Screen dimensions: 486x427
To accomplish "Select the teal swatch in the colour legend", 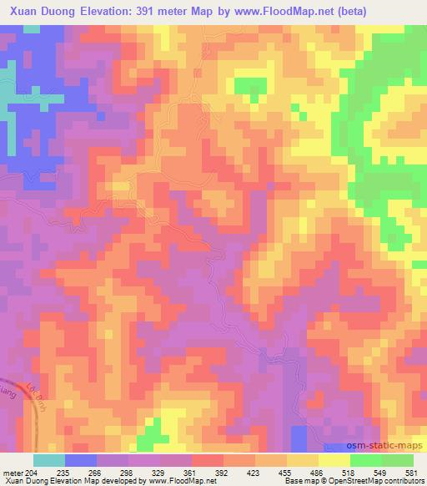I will tap(49, 459).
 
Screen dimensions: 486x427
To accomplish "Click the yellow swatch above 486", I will tap(304, 459).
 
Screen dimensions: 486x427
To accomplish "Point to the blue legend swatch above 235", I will tap(81, 459).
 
